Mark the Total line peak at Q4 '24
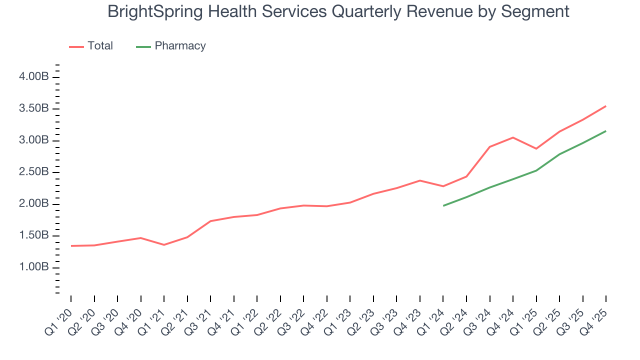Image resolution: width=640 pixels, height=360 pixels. click(513, 137)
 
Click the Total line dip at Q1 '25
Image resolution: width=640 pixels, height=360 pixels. click(536, 148)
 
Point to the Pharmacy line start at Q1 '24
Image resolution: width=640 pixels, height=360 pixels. click(443, 205)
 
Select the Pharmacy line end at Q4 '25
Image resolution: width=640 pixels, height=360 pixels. click(606, 131)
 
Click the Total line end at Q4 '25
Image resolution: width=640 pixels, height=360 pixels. click(606, 106)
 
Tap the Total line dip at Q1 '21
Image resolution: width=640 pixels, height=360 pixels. click(164, 244)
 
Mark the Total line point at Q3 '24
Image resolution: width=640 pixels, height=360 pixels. click(490, 146)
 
